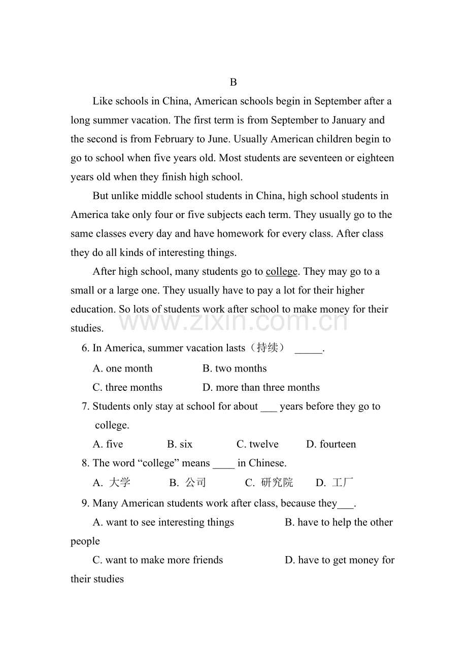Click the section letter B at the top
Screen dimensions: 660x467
[233, 82]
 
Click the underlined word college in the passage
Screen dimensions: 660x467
[281, 272]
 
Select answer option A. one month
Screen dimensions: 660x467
[122, 369]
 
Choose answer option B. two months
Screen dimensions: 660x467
[235, 369]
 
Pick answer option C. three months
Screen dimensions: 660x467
[127, 388]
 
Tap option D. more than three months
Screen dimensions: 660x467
[261, 388]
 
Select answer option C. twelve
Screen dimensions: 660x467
[257, 445]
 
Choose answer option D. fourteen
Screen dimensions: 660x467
[331, 445]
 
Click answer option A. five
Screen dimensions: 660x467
[108, 445]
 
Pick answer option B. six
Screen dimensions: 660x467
[180, 445]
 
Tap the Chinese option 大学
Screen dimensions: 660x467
[120, 483]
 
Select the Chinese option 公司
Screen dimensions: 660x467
[195, 483]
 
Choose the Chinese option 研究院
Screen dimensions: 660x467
[277, 483]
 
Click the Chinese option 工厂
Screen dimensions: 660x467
[342, 483]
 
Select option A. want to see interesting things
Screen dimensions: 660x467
[163, 523]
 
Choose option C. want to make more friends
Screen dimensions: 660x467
[158, 560]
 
